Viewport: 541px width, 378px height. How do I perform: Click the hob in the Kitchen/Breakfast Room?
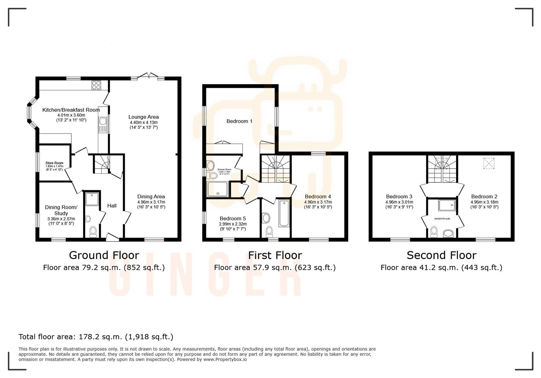(x=96, y=85)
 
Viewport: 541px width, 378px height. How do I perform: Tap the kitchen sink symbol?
(x=102, y=125)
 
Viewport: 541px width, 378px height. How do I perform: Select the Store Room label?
(x=54, y=163)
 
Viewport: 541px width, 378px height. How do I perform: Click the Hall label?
(x=112, y=206)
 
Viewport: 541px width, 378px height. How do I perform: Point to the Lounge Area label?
(x=143, y=117)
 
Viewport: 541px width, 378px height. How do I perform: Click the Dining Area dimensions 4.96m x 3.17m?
(x=151, y=202)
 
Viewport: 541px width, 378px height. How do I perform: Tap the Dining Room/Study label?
(x=61, y=210)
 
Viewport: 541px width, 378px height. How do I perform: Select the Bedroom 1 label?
(x=239, y=121)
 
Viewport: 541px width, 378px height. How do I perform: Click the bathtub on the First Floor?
(x=284, y=213)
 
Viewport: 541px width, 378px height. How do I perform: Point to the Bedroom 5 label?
(x=233, y=219)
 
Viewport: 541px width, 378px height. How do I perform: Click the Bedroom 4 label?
(x=318, y=197)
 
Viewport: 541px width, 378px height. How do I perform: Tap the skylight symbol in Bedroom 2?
(x=488, y=164)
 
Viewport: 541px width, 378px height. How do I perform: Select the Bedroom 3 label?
(x=399, y=197)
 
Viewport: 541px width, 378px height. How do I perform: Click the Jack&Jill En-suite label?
(x=442, y=219)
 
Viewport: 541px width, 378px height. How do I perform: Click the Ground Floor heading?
(x=104, y=255)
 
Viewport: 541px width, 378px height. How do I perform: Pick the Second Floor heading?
(x=441, y=255)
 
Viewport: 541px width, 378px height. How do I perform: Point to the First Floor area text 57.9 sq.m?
(x=275, y=268)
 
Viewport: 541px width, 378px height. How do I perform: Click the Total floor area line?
(x=96, y=337)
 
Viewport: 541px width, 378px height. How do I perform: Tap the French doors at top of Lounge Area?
(x=149, y=76)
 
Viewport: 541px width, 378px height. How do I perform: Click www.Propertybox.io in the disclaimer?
(x=225, y=359)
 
